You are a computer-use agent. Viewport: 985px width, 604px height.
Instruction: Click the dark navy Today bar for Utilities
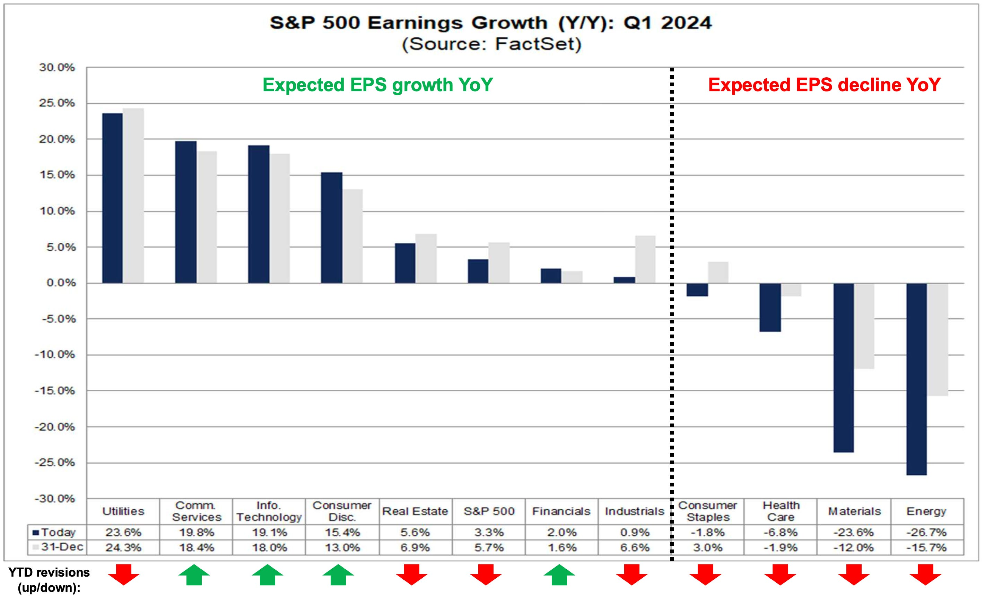(112, 198)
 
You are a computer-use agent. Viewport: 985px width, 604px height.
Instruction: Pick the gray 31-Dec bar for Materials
(864, 326)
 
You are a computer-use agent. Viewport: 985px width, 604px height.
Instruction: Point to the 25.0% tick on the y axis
(57, 103)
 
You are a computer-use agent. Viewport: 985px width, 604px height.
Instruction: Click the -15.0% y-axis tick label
(55, 391)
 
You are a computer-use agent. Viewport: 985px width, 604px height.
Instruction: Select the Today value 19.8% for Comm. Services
(196, 532)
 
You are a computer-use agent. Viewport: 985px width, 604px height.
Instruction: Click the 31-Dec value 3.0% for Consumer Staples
(708, 547)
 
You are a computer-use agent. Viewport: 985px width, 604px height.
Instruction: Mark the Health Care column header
(781, 511)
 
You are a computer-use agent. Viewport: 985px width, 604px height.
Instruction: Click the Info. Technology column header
(269, 511)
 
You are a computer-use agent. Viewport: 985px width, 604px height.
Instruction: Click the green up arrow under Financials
(559, 575)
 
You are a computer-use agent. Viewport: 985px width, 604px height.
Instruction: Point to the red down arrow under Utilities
(123, 575)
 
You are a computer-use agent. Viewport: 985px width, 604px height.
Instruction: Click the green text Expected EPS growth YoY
(377, 85)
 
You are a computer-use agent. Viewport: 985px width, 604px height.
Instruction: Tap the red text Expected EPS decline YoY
(824, 85)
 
